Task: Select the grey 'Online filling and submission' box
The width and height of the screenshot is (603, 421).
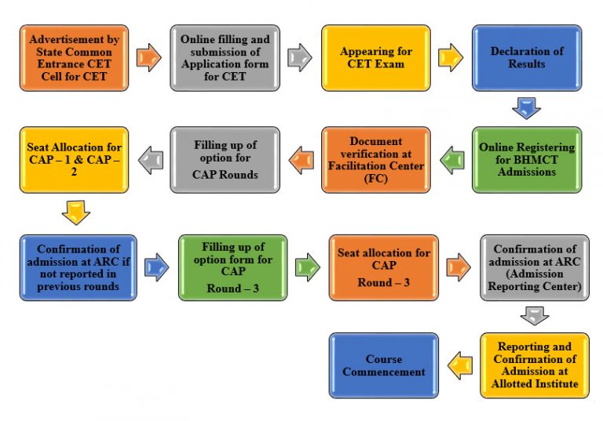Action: click(x=224, y=57)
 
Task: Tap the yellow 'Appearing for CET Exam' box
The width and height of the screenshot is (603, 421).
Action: click(x=375, y=57)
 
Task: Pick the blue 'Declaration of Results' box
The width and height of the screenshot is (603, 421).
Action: click(x=526, y=57)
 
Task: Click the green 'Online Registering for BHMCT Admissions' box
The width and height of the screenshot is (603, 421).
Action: click(x=526, y=160)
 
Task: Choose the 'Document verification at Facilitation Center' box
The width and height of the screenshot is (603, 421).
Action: click(x=375, y=160)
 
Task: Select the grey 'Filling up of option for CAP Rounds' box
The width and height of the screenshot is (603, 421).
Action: click(x=224, y=160)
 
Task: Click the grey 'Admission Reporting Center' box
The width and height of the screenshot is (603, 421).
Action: click(x=534, y=267)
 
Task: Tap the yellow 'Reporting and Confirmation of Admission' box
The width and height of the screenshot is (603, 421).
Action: click(x=534, y=365)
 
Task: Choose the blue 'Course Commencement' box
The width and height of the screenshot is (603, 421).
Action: click(x=383, y=365)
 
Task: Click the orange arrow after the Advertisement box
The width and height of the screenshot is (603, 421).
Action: click(x=148, y=57)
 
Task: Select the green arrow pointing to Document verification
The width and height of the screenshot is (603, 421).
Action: click(x=451, y=161)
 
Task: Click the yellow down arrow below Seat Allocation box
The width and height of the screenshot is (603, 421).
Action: click(x=75, y=212)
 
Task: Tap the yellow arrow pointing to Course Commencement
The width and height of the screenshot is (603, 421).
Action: click(x=459, y=363)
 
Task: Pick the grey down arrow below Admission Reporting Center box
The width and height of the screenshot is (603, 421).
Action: click(x=534, y=315)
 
